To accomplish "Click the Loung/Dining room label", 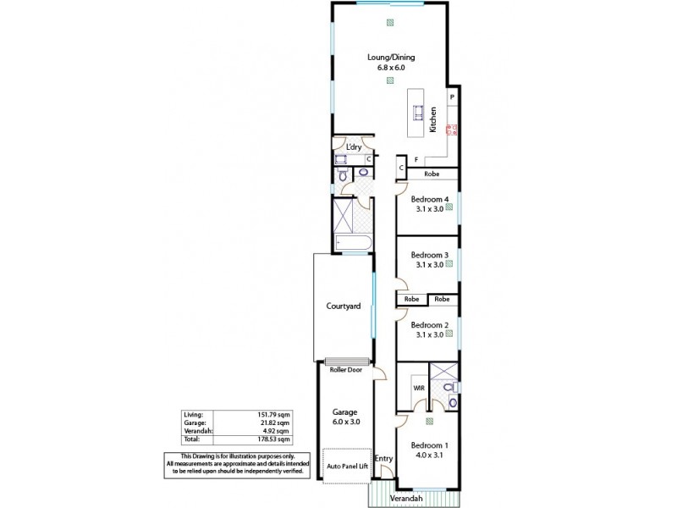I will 391,58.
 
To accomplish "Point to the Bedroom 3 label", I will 428,255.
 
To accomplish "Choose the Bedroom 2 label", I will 428,325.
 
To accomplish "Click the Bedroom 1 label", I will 428,445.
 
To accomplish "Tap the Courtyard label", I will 344,306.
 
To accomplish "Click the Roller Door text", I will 346,369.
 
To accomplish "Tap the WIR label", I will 418,388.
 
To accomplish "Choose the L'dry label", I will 354,146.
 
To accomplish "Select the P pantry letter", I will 453,97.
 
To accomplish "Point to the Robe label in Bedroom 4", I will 432,174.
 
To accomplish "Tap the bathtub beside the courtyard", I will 350,244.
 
